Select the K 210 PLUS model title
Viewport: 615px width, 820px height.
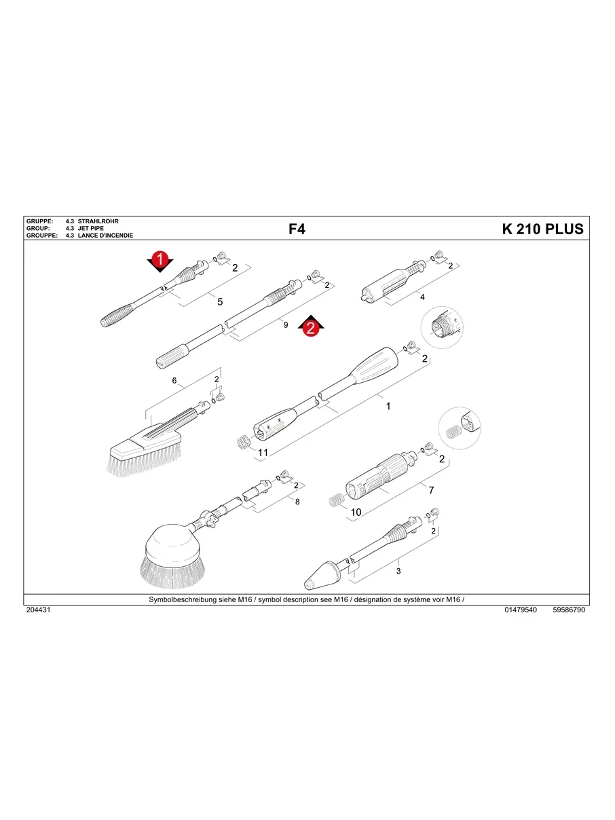coord(542,229)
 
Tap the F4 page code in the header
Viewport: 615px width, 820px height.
coord(297,229)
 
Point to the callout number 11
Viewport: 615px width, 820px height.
coord(263,452)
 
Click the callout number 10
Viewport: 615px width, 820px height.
coord(355,511)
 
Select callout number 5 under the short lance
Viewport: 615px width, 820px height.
coord(220,301)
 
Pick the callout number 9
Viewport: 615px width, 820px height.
coord(286,325)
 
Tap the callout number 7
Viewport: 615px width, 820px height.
coord(430,489)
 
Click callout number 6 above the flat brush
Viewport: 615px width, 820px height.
coord(174,381)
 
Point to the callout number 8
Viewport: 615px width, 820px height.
coord(297,501)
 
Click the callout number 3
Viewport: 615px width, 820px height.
coord(398,571)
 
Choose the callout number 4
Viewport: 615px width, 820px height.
coord(422,297)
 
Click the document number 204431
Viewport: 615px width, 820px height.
coord(38,610)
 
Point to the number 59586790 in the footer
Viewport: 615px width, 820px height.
coord(569,610)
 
